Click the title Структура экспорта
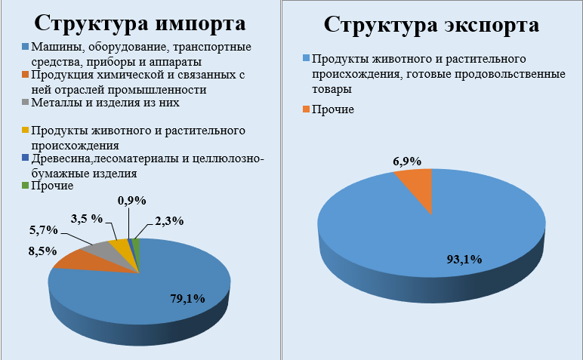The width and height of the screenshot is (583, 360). click(x=431, y=24)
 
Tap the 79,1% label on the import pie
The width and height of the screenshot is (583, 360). click(x=185, y=298)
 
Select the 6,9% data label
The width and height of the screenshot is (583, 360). click(x=406, y=160)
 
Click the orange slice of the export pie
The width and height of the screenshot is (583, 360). click(x=416, y=183)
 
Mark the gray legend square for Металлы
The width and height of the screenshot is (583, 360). click(x=25, y=103)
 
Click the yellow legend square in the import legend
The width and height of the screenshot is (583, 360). click(x=25, y=131)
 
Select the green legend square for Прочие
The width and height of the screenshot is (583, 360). click(x=25, y=185)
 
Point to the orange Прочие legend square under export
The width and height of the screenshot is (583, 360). click(x=307, y=109)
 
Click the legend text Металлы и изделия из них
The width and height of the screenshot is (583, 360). click(x=106, y=103)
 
